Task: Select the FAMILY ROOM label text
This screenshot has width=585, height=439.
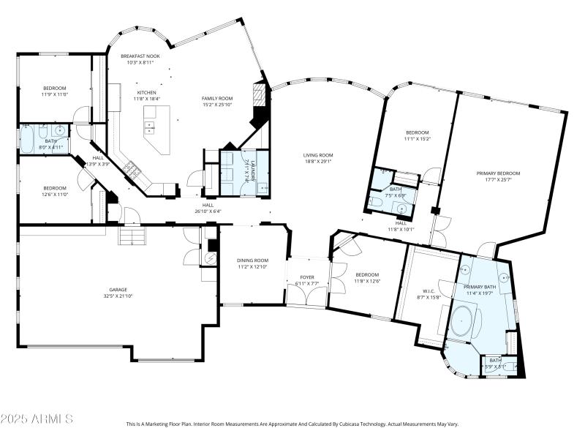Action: point(217,98)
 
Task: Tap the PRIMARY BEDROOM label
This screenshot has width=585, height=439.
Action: point(499,173)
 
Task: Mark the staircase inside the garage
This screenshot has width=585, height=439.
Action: point(133,236)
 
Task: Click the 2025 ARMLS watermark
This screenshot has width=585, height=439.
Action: point(37,419)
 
